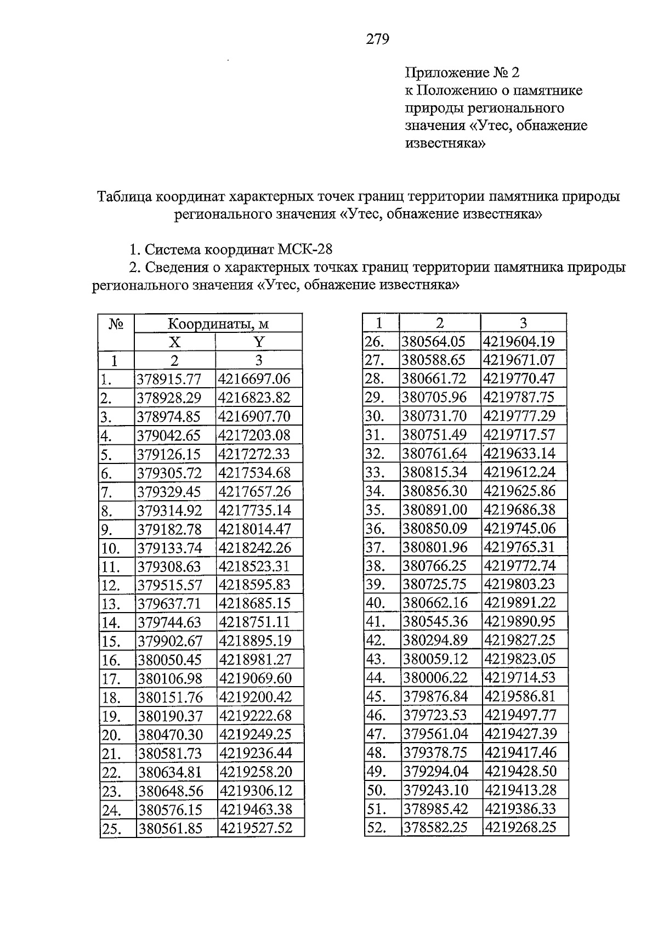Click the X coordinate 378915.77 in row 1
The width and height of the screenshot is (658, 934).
[x=169, y=380]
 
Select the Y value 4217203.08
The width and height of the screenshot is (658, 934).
[x=254, y=436]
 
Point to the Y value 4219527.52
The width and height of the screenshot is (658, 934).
[x=256, y=828]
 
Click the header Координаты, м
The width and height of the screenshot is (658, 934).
[x=218, y=324]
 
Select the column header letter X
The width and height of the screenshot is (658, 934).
[x=174, y=342]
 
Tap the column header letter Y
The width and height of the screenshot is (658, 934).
[x=259, y=342]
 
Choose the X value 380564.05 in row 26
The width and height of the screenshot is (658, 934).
[x=434, y=342]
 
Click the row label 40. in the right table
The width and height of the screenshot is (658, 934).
[x=376, y=603]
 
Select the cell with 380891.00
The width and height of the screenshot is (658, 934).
[x=435, y=510]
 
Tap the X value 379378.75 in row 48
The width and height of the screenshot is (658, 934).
[x=435, y=752]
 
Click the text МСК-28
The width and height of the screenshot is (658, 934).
[x=305, y=250]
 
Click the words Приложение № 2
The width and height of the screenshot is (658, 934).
[x=462, y=72]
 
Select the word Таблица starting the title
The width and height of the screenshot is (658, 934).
[x=124, y=196]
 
